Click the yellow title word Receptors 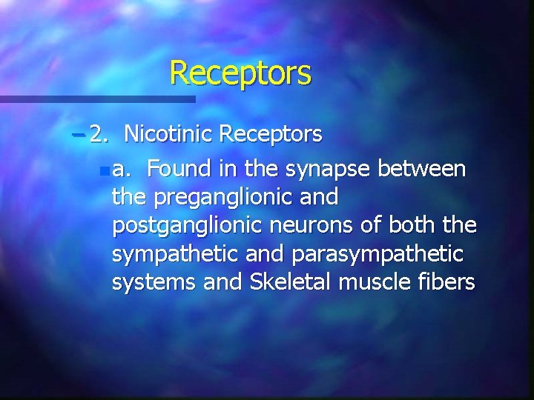click(x=240, y=73)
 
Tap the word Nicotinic click(x=168, y=134)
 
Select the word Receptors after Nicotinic click(x=271, y=134)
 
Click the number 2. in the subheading click(x=99, y=134)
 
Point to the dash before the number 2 click(x=79, y=135)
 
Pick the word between click(x=422, y=170)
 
